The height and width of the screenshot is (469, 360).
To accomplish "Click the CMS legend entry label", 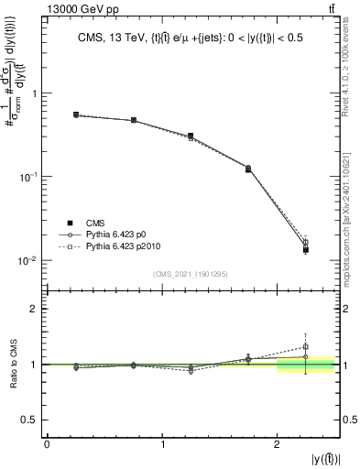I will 94,223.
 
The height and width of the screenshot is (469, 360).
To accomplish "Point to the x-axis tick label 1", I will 162,443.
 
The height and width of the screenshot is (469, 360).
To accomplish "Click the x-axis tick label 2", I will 277,443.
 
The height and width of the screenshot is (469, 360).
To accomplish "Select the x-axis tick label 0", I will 47,443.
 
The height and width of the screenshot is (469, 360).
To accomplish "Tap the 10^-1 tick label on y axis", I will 28,177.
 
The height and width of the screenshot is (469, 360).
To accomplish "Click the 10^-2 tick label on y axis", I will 28,261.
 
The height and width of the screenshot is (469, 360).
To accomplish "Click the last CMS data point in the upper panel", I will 305,249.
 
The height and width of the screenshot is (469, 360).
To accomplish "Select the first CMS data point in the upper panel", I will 76,115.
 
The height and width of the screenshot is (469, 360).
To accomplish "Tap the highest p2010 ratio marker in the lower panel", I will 305,346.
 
